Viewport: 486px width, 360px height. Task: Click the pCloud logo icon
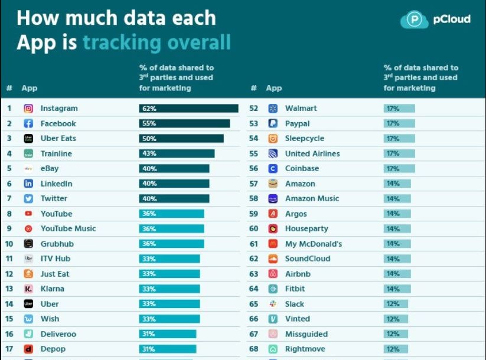click(x=415, y=19)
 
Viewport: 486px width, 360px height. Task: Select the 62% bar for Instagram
click(x=188, y=109)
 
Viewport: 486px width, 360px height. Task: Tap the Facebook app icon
click(x=28, y=124)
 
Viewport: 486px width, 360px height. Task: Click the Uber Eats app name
click(x=58, y=139)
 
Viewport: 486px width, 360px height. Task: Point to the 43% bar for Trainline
click(x=177, y=154)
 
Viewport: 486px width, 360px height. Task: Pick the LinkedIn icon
click(x=28, y=184)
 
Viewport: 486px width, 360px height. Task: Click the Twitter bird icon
click(x=28, y=199)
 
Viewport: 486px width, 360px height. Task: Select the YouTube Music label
click(x=68, y=229)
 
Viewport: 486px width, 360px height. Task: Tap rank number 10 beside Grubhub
click(x=9, y=244)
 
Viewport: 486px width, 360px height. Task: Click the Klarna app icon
click(x=28, y=289)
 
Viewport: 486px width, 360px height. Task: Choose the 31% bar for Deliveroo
click(x=168, y=335)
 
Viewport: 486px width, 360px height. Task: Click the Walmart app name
click(x=301, y=109)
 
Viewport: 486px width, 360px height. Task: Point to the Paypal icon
click(x=273, y=124)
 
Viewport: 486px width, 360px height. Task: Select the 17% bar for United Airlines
click(x=399, y=154)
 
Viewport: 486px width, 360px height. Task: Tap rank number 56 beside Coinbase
click(x=254, y=169)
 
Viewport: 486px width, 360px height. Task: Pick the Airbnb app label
click(x=298, y=274)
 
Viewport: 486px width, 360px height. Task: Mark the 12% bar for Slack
click(x=396, y=305)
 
